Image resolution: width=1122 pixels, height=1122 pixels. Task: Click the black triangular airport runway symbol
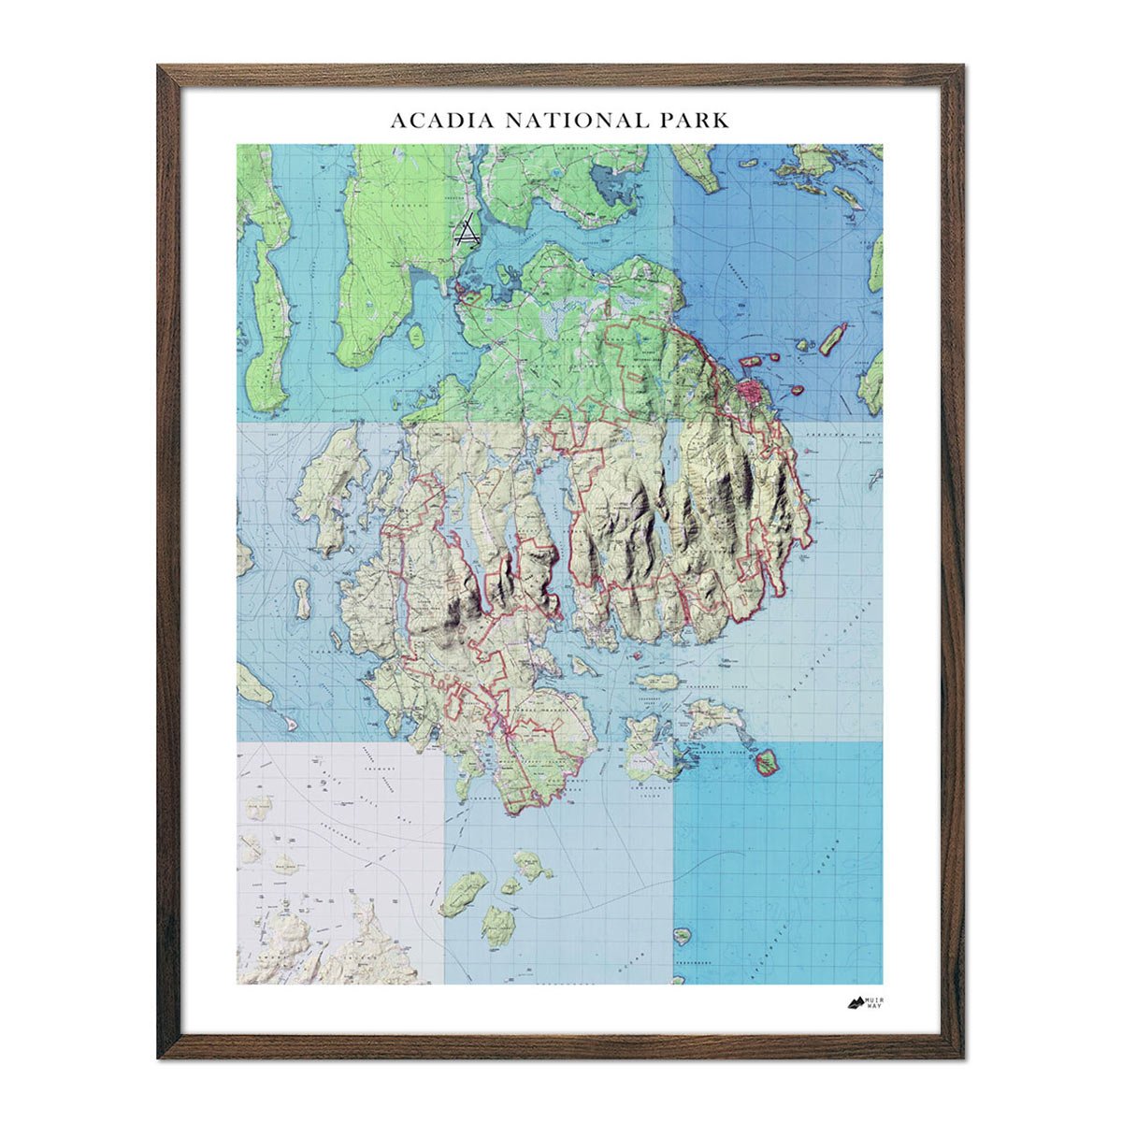[467, 231]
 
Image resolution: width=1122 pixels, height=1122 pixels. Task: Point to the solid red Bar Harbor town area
[751, 391]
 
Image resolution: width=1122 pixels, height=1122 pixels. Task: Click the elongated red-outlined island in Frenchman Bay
[832, 338]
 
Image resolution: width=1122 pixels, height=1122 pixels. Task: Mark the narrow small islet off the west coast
[302, 598]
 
